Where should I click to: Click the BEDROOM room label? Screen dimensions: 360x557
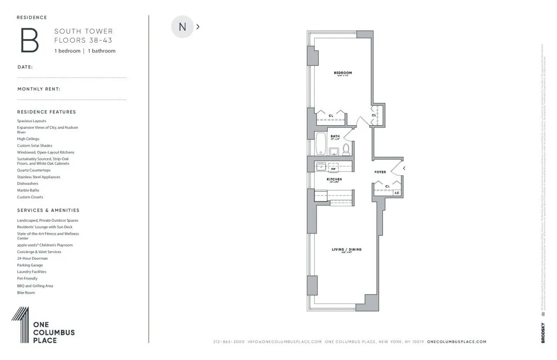coord(343,73)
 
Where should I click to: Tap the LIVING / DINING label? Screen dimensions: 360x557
coord(346,250)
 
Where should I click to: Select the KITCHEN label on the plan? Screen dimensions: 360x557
coord(334,179)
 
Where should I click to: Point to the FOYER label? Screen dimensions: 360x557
coord(380,172)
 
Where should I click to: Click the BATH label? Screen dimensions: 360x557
coord(335,136)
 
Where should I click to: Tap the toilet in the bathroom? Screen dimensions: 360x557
coord(346,149)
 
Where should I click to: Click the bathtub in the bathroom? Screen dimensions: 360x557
coord(321,144)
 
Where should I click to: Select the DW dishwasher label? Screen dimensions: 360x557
coord(333,169)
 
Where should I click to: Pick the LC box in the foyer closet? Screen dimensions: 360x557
coord(397,192)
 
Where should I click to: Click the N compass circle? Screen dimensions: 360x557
coord(182,27)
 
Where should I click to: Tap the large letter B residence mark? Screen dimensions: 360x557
coord(29,40)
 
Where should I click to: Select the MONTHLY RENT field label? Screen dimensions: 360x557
coord(39,89)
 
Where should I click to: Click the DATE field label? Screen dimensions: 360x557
coord(25,67)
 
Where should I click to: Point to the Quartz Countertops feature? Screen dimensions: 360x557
coord(34,170)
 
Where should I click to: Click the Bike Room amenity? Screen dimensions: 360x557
coord(26,293)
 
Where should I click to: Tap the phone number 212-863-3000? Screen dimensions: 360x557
coord(228,342)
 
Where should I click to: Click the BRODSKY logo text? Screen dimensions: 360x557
coord(543,333)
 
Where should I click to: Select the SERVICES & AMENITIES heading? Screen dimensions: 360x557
coord(48,210)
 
